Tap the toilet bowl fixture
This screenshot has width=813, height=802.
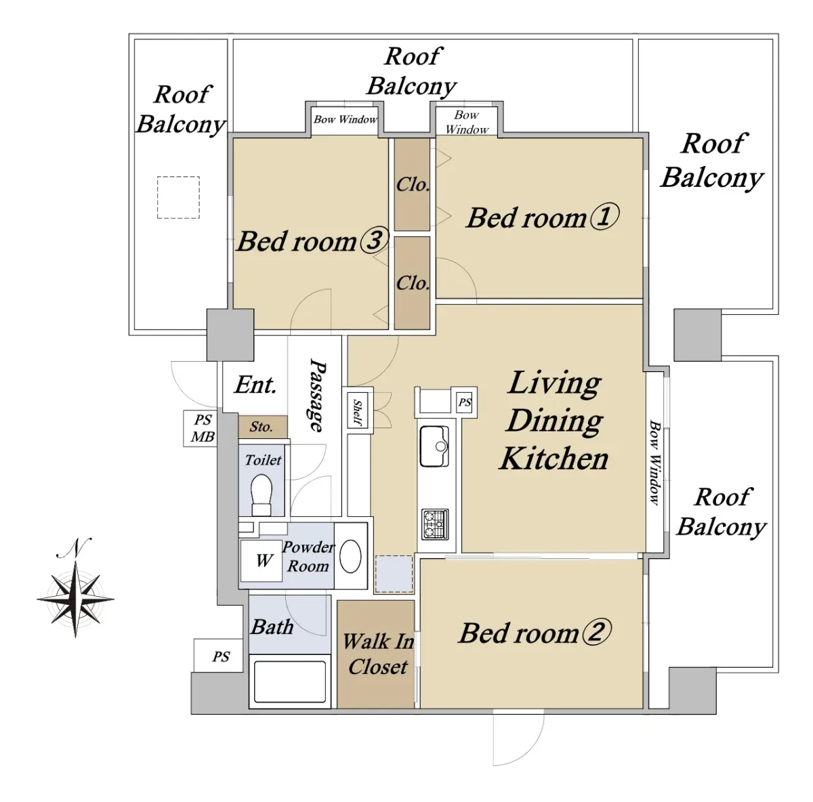click(x=261, y=495)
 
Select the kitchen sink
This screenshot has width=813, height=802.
click(x=434, y=446)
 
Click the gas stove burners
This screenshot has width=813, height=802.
click(x=435, y=524)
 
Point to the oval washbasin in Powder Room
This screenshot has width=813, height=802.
click(x=350, y=557)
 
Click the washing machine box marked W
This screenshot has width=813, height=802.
click(x=261, y=561)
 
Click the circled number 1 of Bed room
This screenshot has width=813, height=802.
click(x=604, y=217)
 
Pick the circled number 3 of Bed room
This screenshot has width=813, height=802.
click(x=373, y=240)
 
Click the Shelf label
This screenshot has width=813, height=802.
click(x=358, y=413)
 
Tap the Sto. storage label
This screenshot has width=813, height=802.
click(x=261, y=427)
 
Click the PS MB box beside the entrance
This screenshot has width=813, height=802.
click(x=201, y=428)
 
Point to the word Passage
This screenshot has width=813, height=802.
click(x=317, y=396)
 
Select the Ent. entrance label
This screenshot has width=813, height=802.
click(x=255, y=384)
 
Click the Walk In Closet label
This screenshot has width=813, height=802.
click(x=378, y=654)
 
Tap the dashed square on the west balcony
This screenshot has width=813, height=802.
click(x=178, y=197)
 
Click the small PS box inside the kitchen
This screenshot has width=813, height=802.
click(x=465, y=402)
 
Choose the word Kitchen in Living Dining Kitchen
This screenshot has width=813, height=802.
click(x=554, y=458)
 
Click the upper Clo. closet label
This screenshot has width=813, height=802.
click(x=413, y=184)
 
